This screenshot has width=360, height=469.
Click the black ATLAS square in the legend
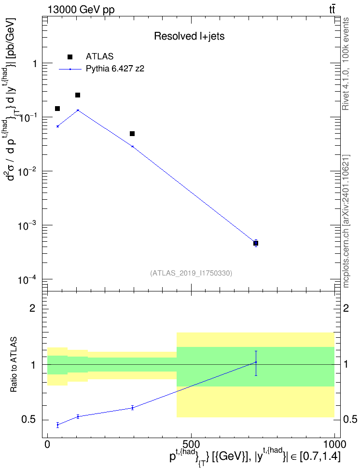point(70,57)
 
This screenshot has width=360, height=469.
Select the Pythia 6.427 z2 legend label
point(115,69)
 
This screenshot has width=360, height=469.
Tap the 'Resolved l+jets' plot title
point(189,36)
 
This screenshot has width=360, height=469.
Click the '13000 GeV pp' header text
point(81,10)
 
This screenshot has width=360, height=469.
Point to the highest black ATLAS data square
point(78,95)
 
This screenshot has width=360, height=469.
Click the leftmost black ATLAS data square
point(57,109)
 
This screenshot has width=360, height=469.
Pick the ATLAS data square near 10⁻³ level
point(256,243)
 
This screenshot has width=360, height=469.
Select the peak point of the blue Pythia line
point(78,110)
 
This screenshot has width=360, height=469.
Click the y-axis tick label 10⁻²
point(27,171)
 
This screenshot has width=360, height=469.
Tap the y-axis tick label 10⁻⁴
point(27,280)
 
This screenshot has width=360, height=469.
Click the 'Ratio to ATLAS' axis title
point(14,365)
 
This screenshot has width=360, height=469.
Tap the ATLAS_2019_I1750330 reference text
point(191,273)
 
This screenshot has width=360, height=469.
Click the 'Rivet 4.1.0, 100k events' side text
point(346,64)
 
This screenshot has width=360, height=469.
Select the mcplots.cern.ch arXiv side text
point(346,221)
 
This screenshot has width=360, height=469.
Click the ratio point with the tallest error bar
point(256,362)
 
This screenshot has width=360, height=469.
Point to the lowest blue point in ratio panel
point(58,425)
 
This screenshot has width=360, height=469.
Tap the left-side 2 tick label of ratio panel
point(32,308)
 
